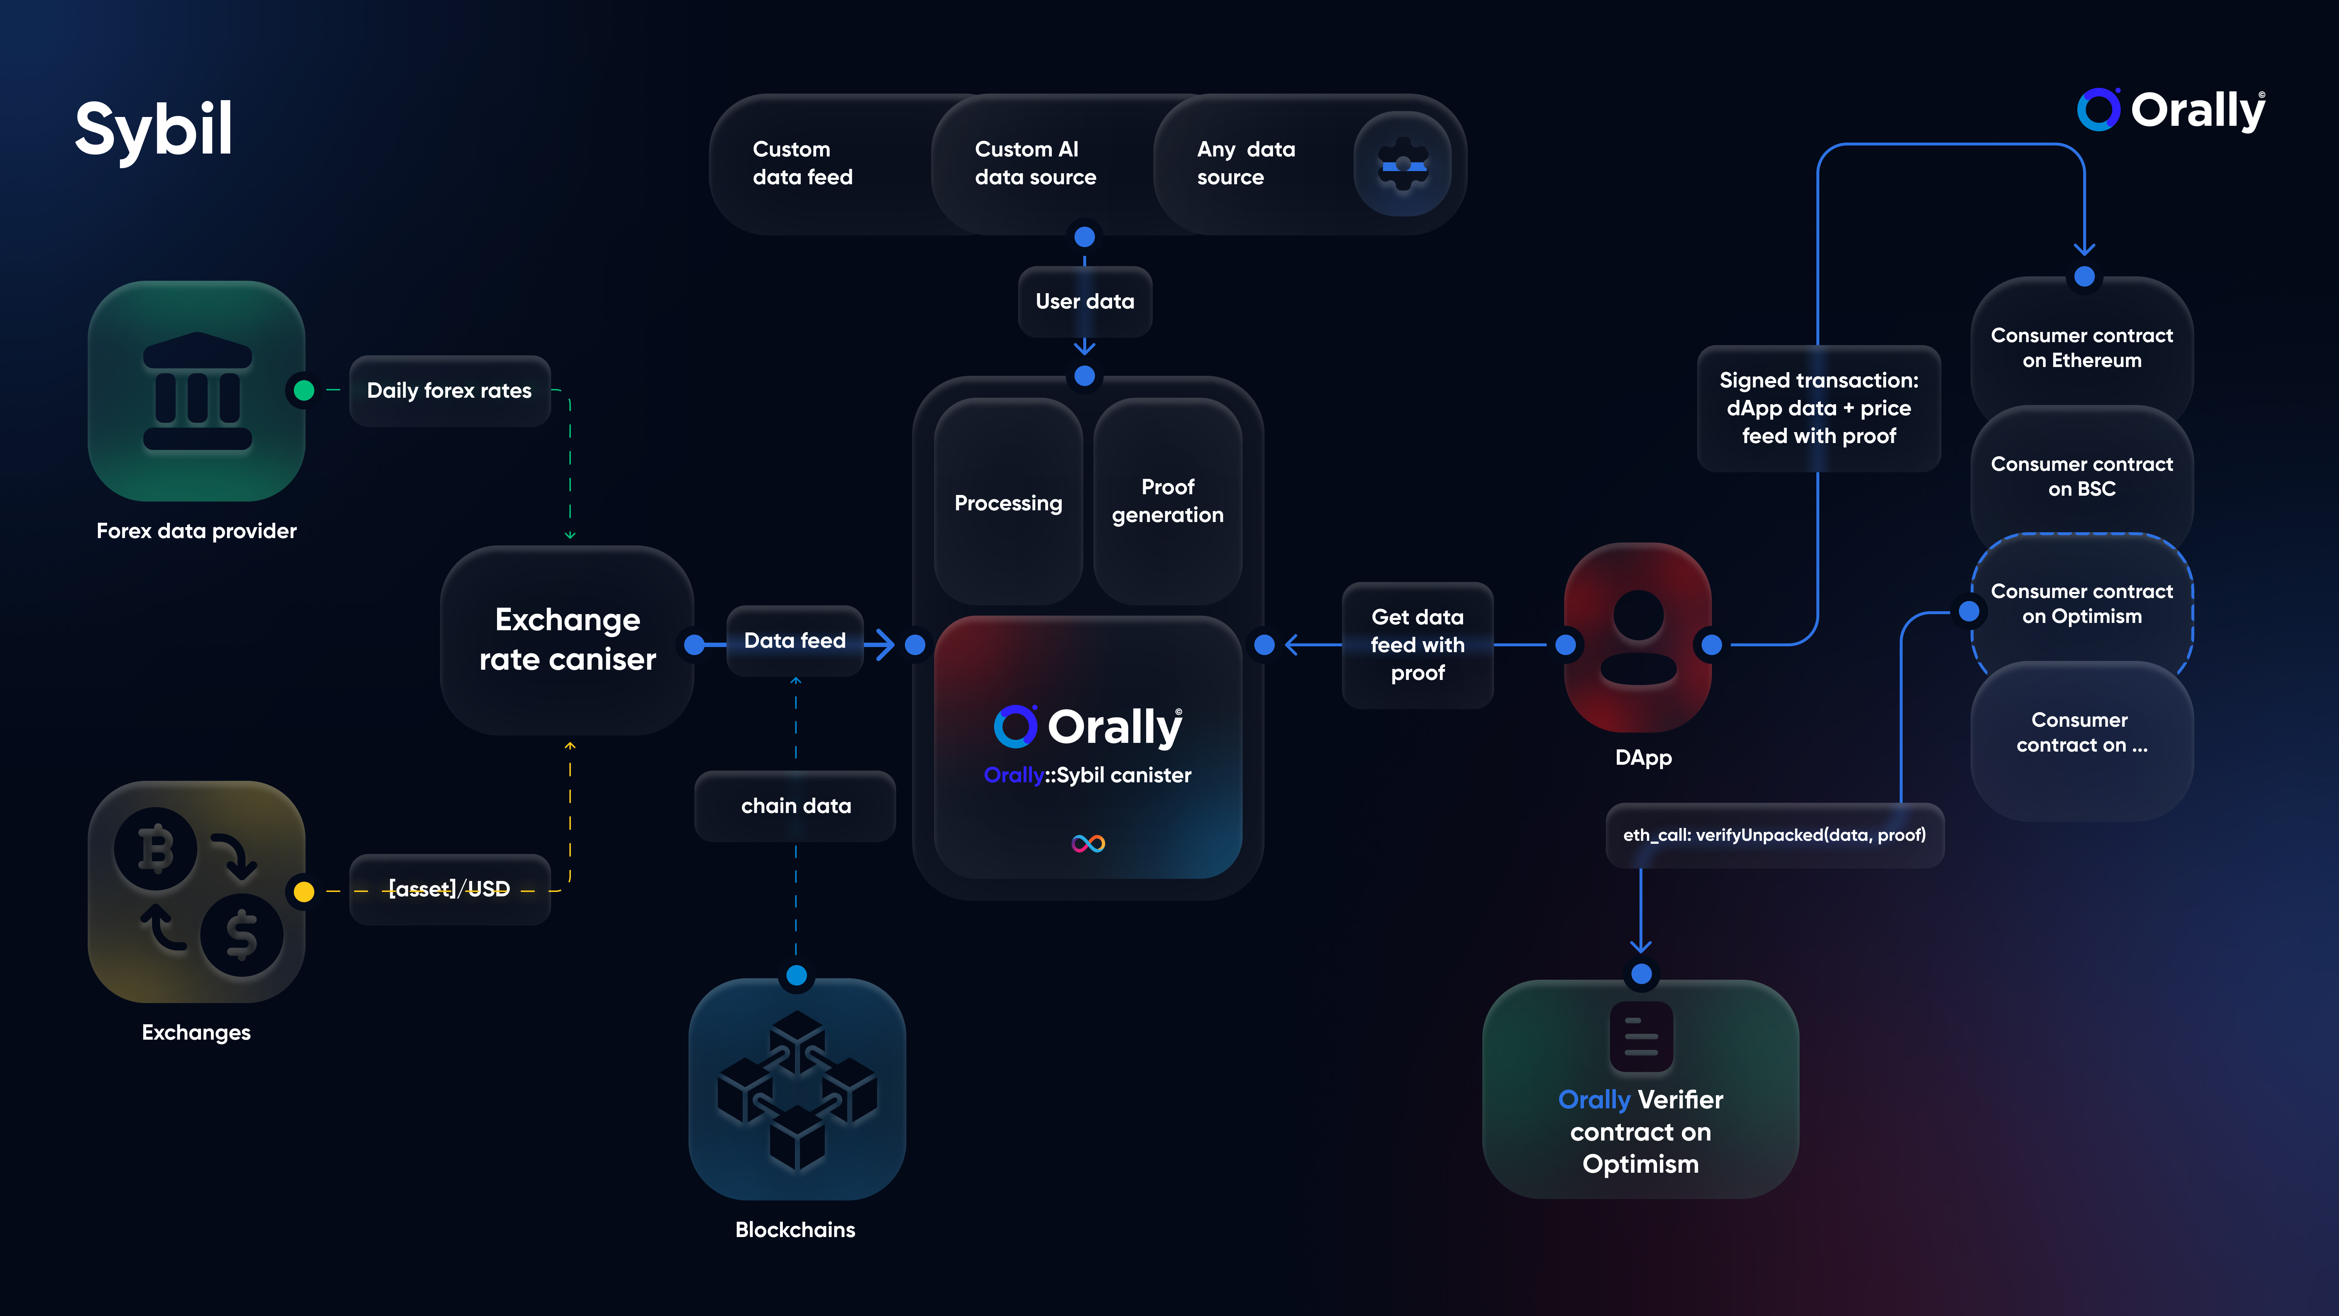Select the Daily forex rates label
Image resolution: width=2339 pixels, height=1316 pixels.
[450, 390]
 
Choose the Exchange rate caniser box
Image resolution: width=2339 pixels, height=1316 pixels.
[568, 639]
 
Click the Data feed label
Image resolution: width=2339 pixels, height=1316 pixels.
[795, 640]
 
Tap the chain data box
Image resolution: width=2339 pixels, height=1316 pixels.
[795, 806]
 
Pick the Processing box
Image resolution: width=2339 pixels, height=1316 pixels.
[1008, 502]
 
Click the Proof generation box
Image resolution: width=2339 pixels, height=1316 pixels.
[1168, 501]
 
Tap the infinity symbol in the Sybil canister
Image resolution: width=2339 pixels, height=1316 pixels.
[1088, 844]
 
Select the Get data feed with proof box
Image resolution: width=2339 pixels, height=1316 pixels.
[1417, 645]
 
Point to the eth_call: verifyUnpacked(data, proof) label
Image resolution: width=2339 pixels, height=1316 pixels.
[1774, 835]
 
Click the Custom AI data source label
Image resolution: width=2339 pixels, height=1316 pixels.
[1035, 163]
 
